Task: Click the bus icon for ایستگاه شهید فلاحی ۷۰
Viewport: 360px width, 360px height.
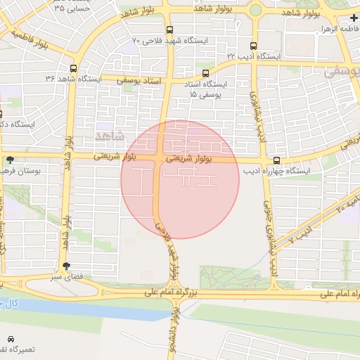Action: (x=169, y=30)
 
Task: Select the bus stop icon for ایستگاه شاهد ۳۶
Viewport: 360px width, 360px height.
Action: (x=74, y=69)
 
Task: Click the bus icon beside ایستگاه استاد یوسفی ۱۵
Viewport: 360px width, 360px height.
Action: (x=205, y=73)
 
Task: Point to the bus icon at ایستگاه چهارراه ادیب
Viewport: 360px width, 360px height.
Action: (x=277, y=160)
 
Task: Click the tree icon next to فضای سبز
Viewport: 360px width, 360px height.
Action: (x=66, y=266)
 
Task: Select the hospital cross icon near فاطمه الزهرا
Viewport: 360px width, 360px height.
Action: (x=353, y=18)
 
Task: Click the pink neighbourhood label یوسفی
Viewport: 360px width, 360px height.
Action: (x=341, y=72)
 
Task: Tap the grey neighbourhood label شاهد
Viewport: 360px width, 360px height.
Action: (x=108, y=134)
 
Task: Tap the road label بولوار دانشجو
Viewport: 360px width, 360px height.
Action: (x=173, y=330)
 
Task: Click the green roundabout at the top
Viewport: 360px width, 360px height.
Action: (x=255, y=11)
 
